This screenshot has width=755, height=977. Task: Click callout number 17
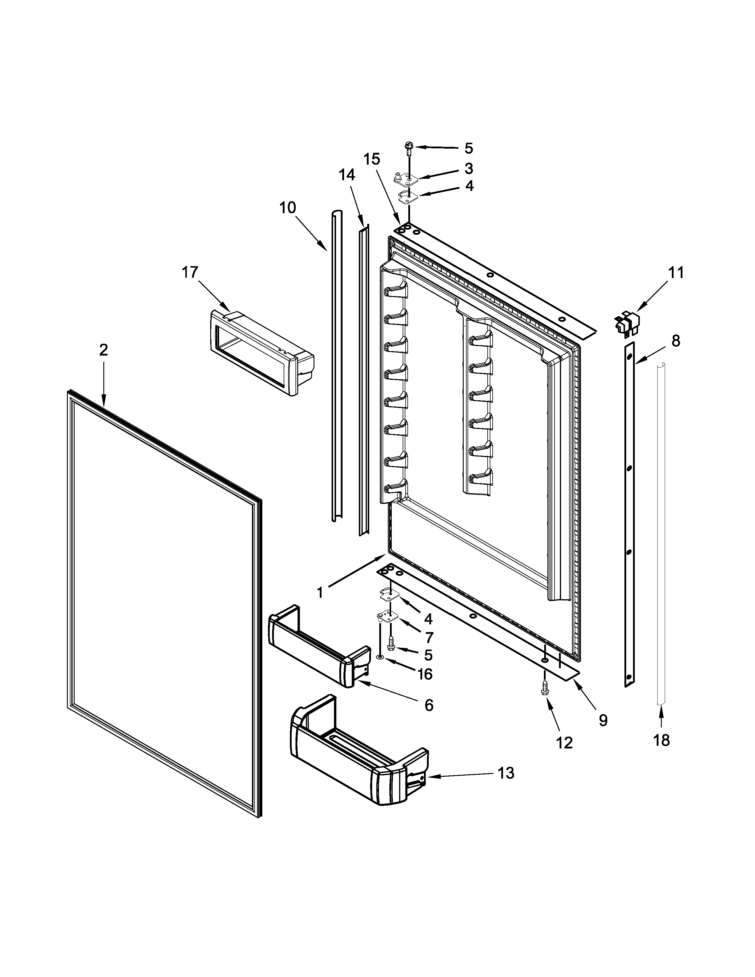[190, 272]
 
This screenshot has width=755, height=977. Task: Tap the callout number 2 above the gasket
[103, 350]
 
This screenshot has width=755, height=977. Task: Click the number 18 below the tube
[661, 740]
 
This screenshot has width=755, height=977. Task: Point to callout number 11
[676, 272]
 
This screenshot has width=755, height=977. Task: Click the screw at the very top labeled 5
[409, 146]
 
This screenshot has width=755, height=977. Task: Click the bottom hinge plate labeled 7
[387, 617]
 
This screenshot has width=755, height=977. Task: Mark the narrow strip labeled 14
[363, 380]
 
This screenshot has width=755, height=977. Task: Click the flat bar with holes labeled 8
[630, 515]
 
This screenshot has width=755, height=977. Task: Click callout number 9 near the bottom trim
[603, 721]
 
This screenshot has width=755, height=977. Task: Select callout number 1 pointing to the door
[320, 593]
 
